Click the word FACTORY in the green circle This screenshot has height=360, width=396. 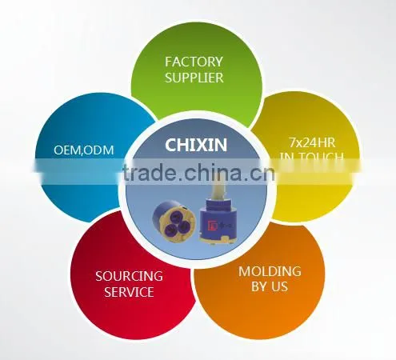194,62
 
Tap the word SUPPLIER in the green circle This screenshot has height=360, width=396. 194,78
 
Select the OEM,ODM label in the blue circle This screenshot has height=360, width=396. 84,150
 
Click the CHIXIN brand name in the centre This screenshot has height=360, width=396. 196,145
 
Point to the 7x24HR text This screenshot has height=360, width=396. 312,142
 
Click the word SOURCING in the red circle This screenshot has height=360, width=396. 129,276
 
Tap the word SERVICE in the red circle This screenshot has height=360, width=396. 129,292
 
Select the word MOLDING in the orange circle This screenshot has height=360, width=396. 270,271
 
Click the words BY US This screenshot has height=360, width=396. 270,286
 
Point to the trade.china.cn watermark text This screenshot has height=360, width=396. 198,173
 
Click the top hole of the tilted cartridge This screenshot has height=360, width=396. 174,214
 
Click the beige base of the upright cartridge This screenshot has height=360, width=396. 217,240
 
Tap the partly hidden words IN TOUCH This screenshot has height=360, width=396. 312,157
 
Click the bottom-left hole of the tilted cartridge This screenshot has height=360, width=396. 170,228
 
